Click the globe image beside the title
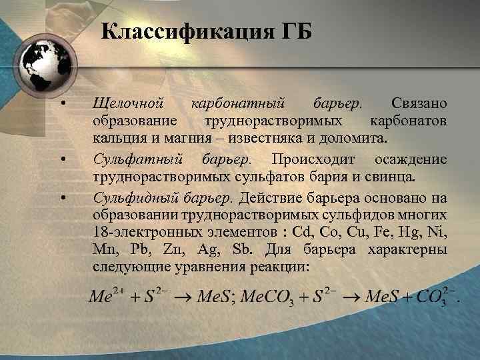click(x=39, y=64)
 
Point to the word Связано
click(x=419, y=105)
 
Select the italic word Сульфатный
click(x=138, y=160)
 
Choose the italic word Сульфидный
click(x=137, y=197)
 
